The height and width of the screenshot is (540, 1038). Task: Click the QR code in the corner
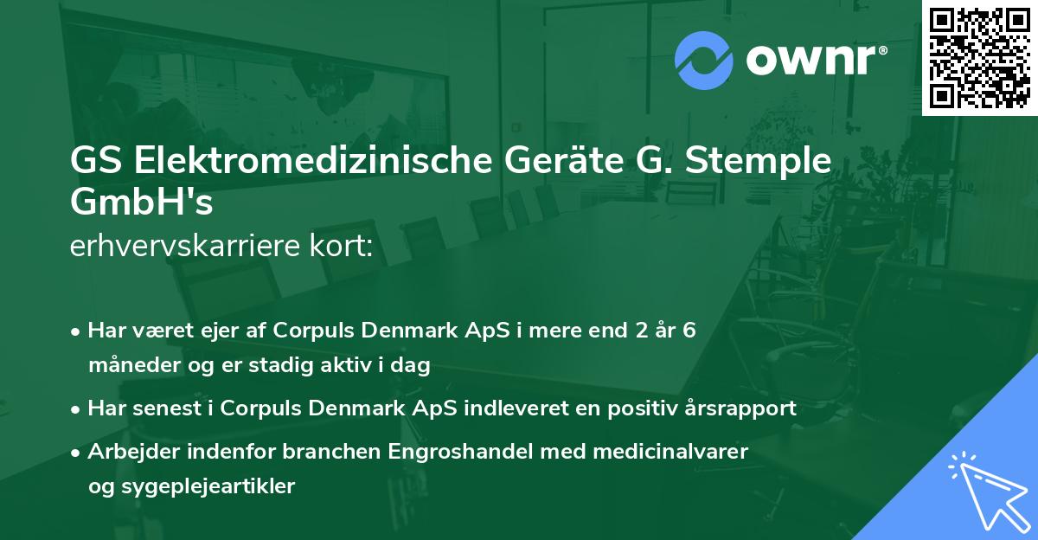tap(979, 58)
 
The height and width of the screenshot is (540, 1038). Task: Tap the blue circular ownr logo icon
tap(702, 61)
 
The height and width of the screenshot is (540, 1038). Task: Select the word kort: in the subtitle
tap(343, 247)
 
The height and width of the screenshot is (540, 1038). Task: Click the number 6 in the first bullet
tap(689, 331)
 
